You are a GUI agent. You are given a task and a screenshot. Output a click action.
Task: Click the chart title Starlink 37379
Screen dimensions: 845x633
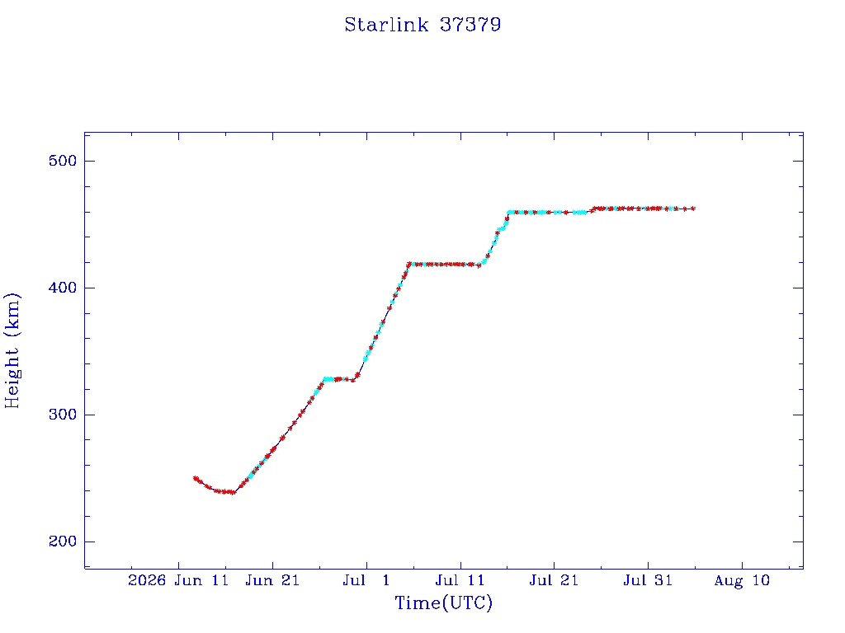pyautogui.click(x=422, y=25)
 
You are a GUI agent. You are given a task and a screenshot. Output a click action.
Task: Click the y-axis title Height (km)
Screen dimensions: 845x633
pyautogui.click(x=12, y=350)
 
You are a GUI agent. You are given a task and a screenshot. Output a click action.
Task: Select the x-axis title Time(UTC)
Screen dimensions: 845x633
pyautogui.click(x=443, y=603)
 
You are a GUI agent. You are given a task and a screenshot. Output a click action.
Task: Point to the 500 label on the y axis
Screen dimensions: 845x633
pyautogui.click(x=63, y=161)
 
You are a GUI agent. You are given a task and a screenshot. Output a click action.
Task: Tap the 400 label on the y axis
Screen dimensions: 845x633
pyautogui.click(x=63, y=288)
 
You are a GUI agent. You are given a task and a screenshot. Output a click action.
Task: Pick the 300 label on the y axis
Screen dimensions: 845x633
pyautogui.click(x=63, y=415)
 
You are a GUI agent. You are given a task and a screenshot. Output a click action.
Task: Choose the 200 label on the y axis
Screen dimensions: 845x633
pyautogui.click(x=63, y=542)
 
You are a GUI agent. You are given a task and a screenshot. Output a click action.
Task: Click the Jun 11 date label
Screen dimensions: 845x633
pyautogui.click(x=201, y=581)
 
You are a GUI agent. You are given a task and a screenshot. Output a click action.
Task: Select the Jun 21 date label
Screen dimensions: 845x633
pyautogui.click(x=272, y=581)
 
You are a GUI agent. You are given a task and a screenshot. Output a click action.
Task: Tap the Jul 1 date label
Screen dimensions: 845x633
pyautogui.click(x=366, y=581)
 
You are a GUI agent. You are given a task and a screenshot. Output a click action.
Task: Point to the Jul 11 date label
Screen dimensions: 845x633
pyautogui.click(x=460, y=581)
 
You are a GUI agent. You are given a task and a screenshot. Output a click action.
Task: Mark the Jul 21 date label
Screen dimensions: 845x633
pyautogui.click(x=554, y=581)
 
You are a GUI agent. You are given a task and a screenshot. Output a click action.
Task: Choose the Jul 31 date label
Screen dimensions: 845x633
pyautogui.click(x=648, y=581)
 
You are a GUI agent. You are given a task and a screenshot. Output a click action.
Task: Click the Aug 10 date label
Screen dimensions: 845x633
pyautogui.click(x=742, y=581)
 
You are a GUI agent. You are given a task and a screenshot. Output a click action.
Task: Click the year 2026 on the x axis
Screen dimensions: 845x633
pyautogui.click(x=147, y=581)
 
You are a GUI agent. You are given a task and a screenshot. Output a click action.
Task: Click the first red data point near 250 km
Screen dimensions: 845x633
pyautogui.click(x=195, y=478)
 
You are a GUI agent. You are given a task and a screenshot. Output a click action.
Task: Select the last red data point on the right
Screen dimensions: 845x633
pyautogui.click(x=693, y=209)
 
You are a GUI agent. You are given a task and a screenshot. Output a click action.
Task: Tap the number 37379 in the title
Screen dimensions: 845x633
pyautogui.click(x=470, y=25)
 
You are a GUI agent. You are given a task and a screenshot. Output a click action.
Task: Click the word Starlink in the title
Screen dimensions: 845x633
pyautogui.click(x=386, y=25)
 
